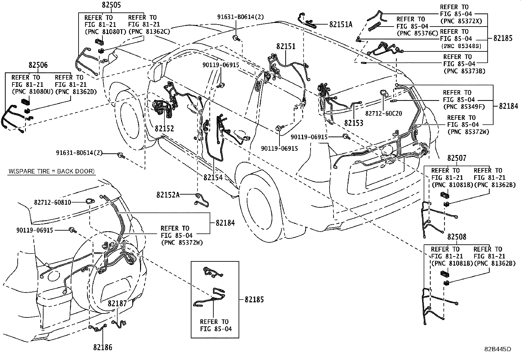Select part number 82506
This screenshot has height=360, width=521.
pyautogui.click(x=38, y=65)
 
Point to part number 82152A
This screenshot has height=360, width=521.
pyautogui.click(x=168, y=195)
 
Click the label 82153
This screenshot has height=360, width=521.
pyautogui.click(x=353, y=123)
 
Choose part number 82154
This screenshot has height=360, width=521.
pyautogui.click(x=213, y=178)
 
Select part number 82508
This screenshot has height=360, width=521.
pyautogui.click(x=457, y=237)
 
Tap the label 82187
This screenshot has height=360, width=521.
pyautogui.click(x=117, y=304)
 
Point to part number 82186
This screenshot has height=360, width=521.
pyautogui.click(x=102, y=348)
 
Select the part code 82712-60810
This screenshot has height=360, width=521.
pyautogui.click(x=52, y=202)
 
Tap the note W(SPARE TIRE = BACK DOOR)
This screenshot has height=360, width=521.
pyautogui.click(x=51, y=171)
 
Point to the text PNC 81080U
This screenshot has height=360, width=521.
pyautogui.click(x=32, y=91)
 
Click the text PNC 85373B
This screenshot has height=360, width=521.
pyautogui.click(x=464, y=71)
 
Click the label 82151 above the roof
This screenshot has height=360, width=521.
pyautogui.click(x=286, y=47)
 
